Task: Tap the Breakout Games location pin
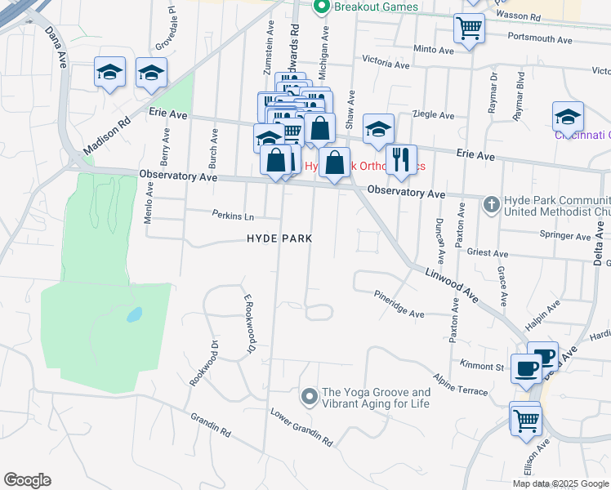point(321,7)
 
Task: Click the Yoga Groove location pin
point(309,397)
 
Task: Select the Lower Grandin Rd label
point(302,427)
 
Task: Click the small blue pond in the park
point(134,314)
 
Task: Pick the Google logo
point(27,480)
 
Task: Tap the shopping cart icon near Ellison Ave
point(525,419)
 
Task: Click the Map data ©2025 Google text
point(560,483)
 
